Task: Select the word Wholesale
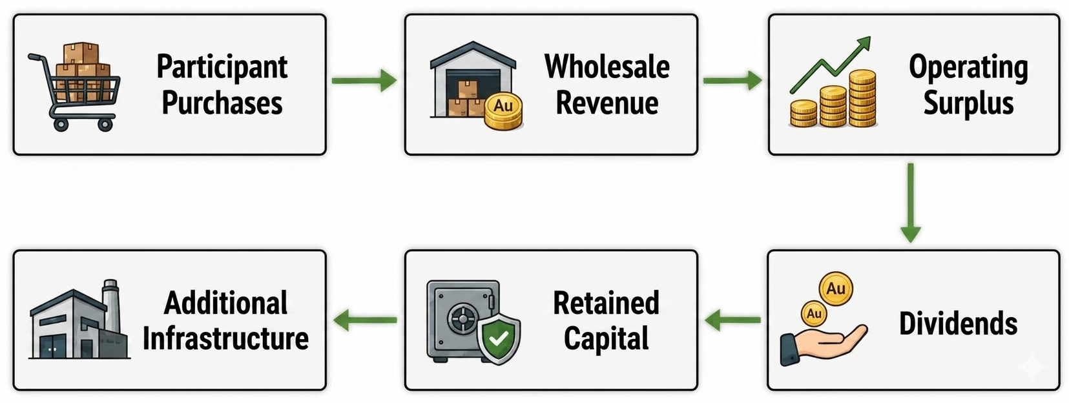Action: [607, 67]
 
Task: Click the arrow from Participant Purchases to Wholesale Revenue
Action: [364, 80]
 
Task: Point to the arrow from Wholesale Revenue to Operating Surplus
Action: [732, 80]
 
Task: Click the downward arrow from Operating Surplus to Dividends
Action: [911, 203]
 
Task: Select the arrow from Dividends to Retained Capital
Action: [732, 320]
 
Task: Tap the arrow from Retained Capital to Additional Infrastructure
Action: [365, 320]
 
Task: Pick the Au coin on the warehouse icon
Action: [503, 110]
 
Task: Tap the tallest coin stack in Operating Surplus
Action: [862, 98]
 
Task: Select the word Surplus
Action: [968, 103]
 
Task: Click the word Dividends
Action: [959, 324]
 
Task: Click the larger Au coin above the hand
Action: [836, 289]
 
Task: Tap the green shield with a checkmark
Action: [499, 340]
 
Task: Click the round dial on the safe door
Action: [462, 318]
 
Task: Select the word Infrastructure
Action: [225, 338]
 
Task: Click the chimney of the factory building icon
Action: [110, 305]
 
